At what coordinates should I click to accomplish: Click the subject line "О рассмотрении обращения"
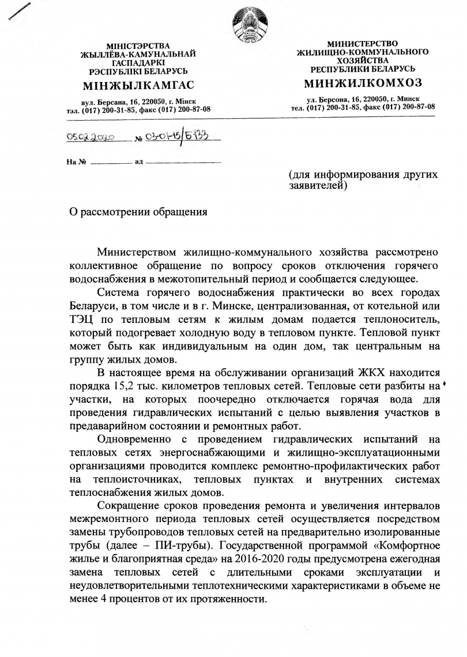point(139,212)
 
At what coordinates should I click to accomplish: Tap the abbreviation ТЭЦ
point(82,319)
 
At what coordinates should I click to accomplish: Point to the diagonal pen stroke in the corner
point(18,11)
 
